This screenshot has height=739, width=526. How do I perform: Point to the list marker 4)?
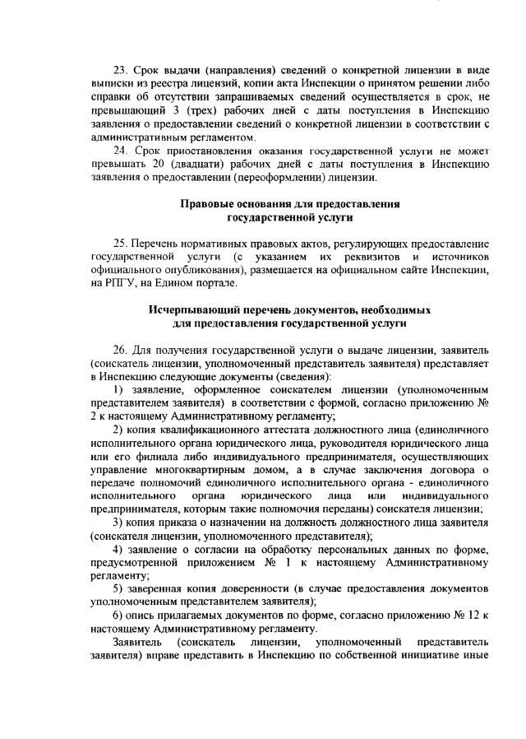118,549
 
